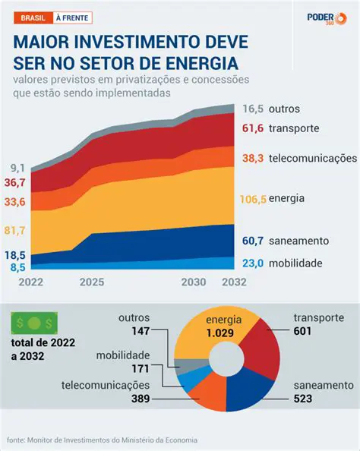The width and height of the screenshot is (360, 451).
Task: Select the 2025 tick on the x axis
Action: click(x=91, y=282)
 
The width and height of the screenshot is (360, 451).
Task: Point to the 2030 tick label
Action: click(x=194, y=282)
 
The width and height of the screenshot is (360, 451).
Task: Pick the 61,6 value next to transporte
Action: click(x=253, y=128)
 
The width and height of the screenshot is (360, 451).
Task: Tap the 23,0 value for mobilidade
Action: click(x=253, y=263)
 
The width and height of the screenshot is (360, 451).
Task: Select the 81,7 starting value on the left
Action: click(x=15, y=230)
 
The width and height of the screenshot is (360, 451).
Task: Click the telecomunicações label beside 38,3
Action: click(x=312, y=158)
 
